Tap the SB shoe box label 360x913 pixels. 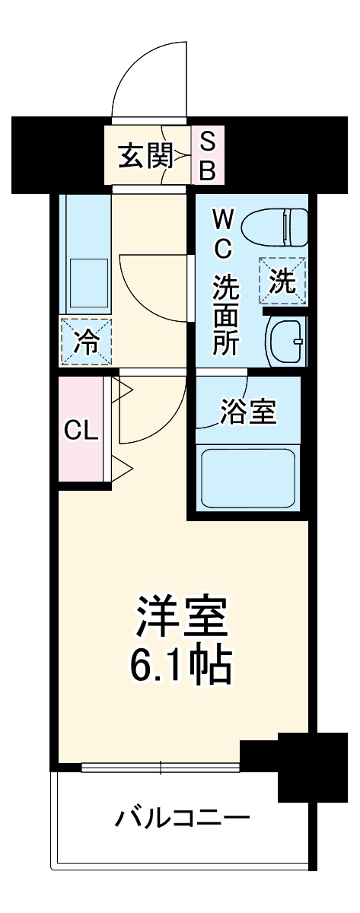[x=207, y=156]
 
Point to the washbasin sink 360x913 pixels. [x=287, y=340]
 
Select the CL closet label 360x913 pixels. [x=81, y=431]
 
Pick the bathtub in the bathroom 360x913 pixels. [x=247, y=480]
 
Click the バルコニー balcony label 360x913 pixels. [x=183, y=819]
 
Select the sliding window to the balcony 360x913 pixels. [x=161, y=767]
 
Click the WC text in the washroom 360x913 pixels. [x=224, y=234]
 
